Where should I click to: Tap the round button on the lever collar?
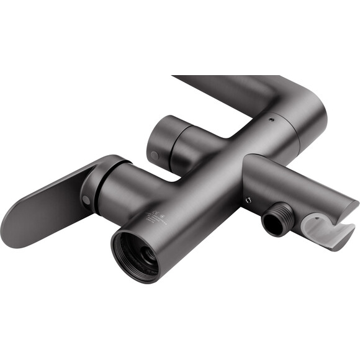click(x=86, y=199)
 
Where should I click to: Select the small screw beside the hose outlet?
click(x=248, y=200)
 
